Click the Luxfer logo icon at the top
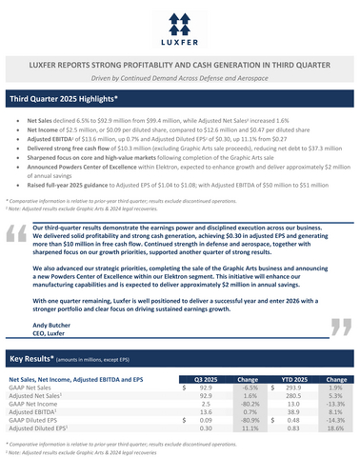[179, 20]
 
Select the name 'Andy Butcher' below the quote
[53, 325]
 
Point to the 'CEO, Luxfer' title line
[52, 334]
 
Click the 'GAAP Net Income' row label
[37, 404]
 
